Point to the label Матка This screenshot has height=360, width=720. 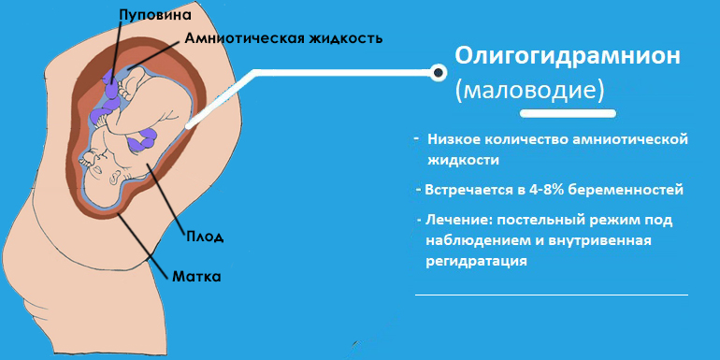pyautogui.click(x=196, y=277)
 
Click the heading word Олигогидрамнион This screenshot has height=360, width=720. pyautogui.click(x=568, y=56)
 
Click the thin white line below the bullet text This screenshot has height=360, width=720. pyautogui.click(x=551, y=295)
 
